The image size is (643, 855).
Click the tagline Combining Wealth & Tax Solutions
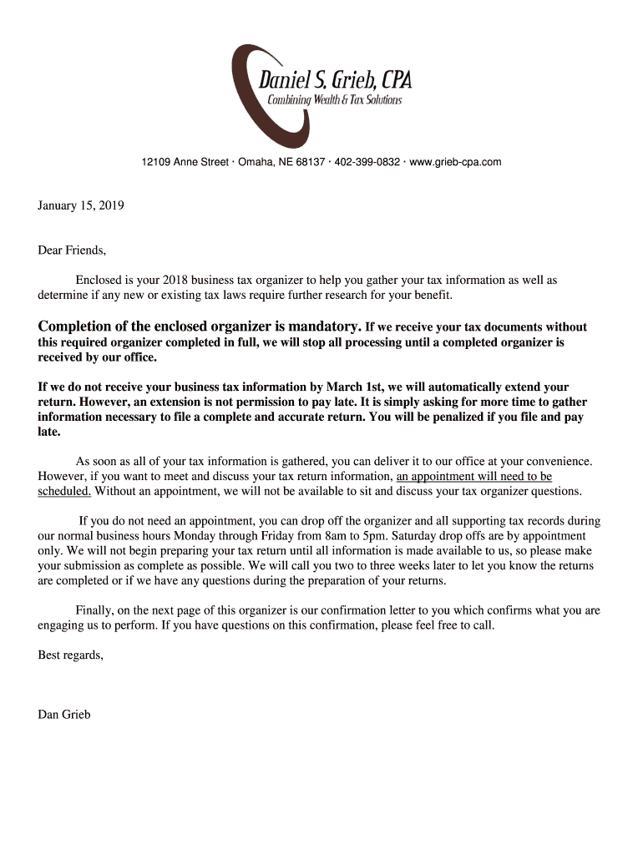click(334, 101)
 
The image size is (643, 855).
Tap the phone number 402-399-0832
click(367, 162)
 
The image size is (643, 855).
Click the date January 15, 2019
click(81, 205)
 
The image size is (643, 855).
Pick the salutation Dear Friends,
click(73, 250)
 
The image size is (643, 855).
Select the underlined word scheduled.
click(64, 491)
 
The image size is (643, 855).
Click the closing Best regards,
click(71, 655)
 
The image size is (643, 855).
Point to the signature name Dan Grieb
click(64, 714)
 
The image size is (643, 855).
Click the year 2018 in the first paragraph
click(177, 281)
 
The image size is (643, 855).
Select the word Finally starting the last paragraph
click(95, 610)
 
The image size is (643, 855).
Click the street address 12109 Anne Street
click(185, 162)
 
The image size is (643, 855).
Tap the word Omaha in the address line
click(256, 162)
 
